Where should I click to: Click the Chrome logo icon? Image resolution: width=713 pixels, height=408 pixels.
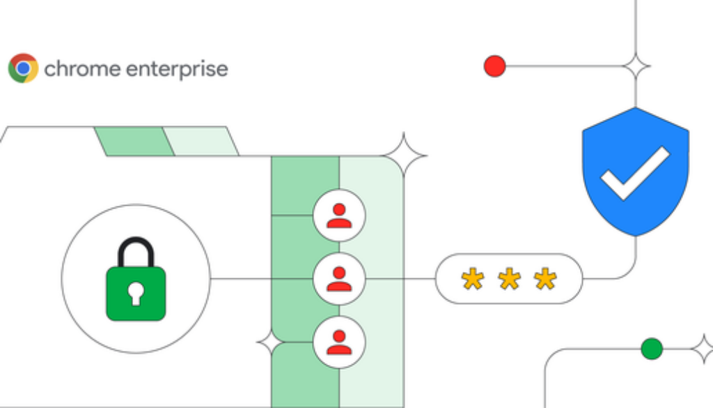23,68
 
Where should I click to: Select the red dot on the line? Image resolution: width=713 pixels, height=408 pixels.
494,67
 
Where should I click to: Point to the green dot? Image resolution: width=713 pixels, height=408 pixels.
652,348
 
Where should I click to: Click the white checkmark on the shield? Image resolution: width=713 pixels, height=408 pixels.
635,172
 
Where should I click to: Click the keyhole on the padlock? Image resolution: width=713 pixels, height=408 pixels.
136,294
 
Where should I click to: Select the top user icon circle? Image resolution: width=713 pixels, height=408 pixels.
339,215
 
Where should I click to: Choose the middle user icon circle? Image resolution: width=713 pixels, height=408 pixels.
339,279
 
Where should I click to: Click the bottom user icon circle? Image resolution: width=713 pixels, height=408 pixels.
339,342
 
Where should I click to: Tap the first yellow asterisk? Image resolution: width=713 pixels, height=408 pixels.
473,279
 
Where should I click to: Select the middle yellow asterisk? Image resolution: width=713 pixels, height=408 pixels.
509,279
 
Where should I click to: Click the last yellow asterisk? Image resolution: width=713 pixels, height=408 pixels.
545,279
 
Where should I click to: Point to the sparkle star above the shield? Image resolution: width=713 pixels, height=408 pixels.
636,67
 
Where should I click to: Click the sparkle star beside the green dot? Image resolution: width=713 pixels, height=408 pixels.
702,348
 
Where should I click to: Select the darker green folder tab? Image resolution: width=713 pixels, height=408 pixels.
134,141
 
